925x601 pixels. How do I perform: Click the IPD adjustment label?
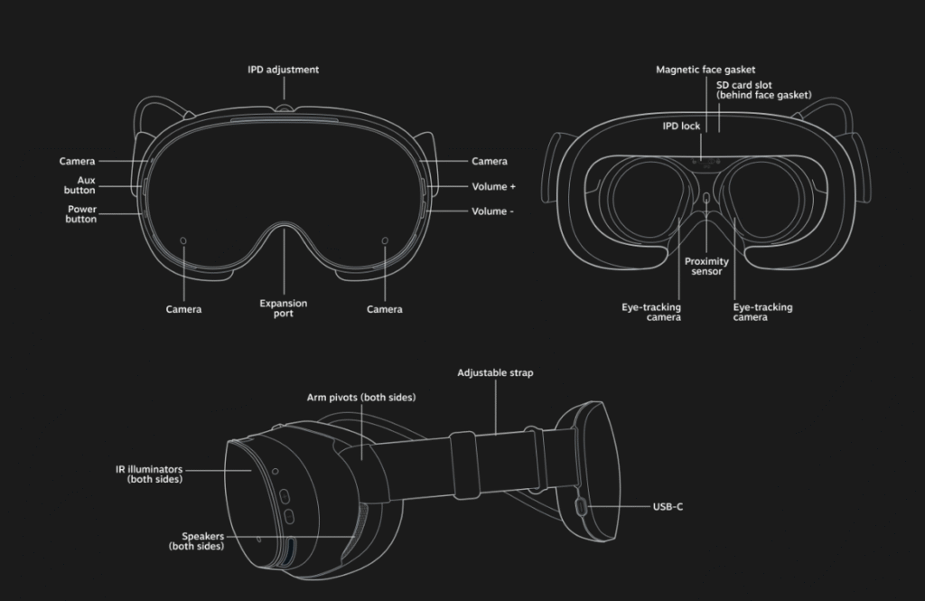283,70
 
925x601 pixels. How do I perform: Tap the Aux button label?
79,185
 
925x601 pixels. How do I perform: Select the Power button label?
80,214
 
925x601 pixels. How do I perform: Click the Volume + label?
493,186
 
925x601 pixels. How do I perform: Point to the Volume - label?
492,211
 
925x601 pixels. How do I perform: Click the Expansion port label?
283,308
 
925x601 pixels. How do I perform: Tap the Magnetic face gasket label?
705,70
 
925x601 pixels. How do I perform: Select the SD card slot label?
764,90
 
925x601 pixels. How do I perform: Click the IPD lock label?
681,127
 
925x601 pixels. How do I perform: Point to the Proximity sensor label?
706,267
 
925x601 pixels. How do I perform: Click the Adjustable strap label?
495,373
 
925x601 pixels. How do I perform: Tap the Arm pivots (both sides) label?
361,398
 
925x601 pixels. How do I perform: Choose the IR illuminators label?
149,474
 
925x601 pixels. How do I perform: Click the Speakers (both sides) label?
196,541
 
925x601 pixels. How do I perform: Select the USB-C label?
668,506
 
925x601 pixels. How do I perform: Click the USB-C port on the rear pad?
581,506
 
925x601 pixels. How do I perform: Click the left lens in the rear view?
649,196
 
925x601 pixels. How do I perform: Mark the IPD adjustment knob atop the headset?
285,108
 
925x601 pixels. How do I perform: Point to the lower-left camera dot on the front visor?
183,241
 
